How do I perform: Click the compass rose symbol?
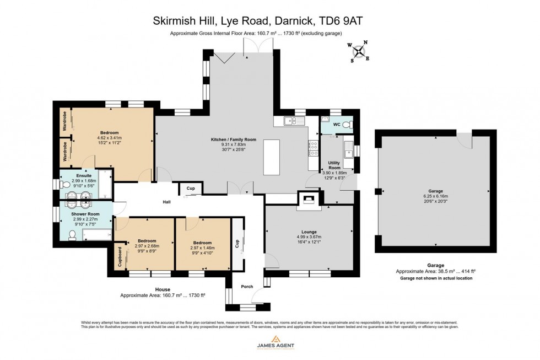click(x=359, y=52)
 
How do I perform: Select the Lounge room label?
click(x=309, y=232)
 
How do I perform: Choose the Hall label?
click(x=166, y=202)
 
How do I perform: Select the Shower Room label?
click(x=85, y=214)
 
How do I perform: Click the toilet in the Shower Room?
click(x=72, y=235)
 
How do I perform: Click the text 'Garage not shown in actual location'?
click(x=436, y=278)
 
